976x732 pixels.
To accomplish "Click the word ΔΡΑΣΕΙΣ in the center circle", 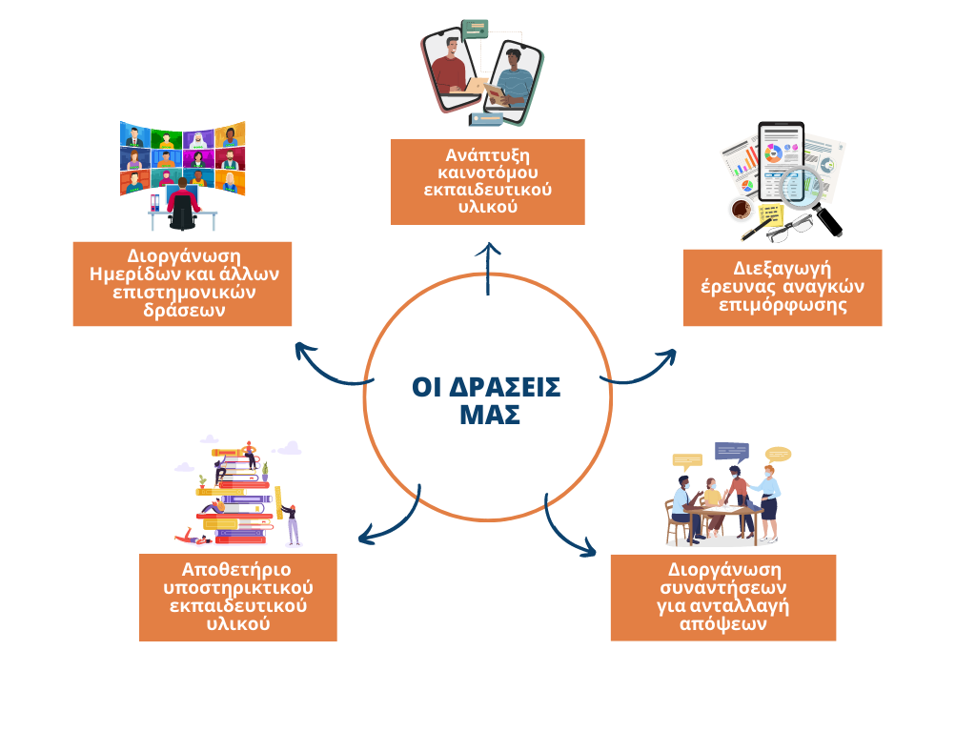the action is tap(505, 387).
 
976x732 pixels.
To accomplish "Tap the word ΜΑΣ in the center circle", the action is tap(490, 416).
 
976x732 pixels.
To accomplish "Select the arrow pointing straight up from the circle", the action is tap(488, 268).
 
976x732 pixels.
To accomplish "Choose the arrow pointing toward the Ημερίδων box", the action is tap(327, 370).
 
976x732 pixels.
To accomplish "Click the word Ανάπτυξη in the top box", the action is tap(487, 155).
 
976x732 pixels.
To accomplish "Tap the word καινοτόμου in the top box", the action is tap(487, 173).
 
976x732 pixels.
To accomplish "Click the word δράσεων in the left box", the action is tap(184, 310).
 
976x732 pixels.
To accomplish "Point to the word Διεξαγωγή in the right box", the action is tap(782, 269).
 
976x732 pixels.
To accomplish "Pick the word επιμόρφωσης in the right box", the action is tap(783, 305).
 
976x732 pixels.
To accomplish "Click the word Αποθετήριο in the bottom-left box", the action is tap(236, 570).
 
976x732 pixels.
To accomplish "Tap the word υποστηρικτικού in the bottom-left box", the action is tap(237, 588).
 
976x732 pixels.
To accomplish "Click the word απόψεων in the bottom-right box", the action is tap(722, 623).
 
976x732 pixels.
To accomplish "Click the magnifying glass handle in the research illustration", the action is tap(829, 220).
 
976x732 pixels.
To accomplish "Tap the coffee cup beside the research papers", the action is tap(742, 209).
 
